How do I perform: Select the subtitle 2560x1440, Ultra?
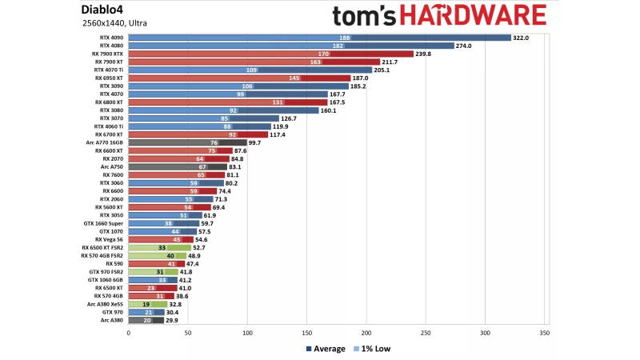click(114, 23)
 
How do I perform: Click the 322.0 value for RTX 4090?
click(523, 38)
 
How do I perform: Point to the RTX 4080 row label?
click(110, 46)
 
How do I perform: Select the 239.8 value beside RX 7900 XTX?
click(424, 54)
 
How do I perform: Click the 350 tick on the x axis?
click(544, 331)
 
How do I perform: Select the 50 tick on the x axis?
click(187, 331)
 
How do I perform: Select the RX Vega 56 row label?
click(108, 239)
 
